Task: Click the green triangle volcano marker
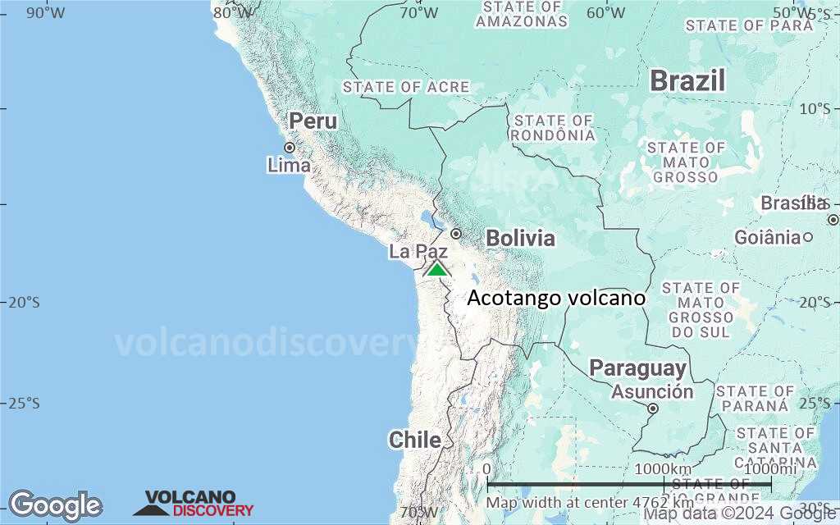[437, 269]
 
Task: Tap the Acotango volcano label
[555, 299]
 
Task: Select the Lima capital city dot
[290, 148]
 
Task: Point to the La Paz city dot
[456, 233]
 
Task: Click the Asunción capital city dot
[653, 408]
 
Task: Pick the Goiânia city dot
[808, 237]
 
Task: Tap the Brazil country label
[687, 80]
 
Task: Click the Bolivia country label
[520, 239]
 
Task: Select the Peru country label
[313, 121]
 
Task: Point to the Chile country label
[414, 440]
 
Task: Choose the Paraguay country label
[637, 367]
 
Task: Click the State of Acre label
[406, 87]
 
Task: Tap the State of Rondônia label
[553, 128]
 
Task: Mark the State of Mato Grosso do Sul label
[700, 310]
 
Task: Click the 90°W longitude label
[46, 12]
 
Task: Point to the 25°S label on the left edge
[23, 403]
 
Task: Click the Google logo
[55, 505]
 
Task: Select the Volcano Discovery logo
[194, 504]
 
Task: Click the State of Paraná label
[755, 399]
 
